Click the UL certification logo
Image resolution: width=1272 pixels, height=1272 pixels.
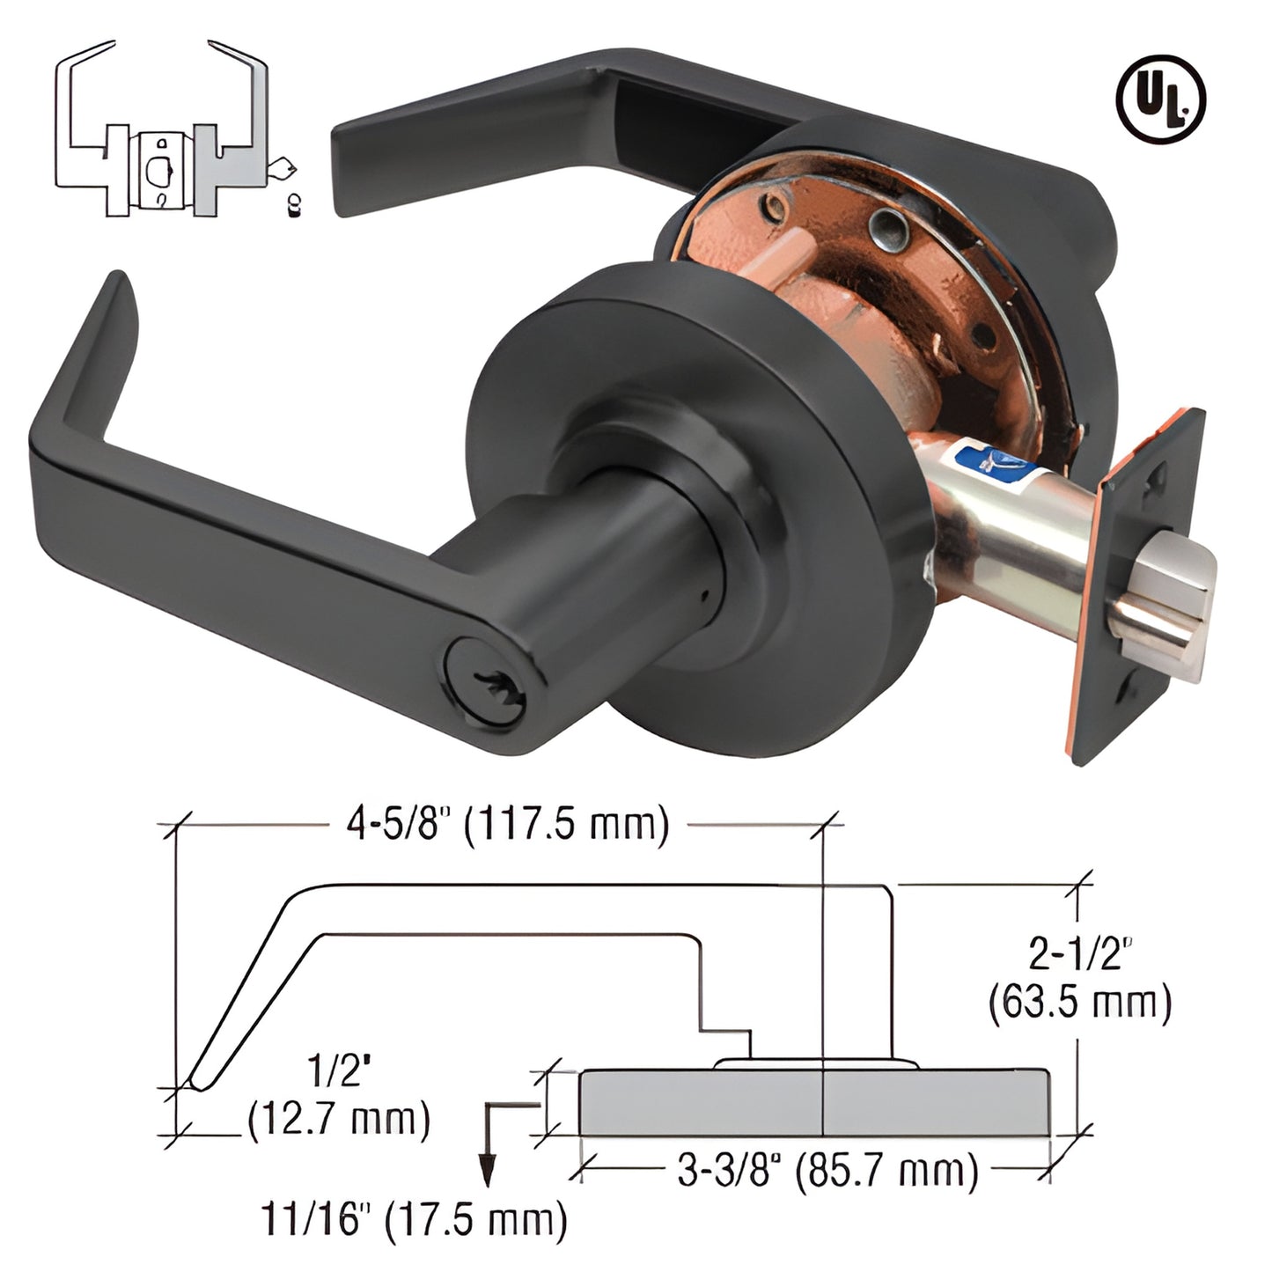[1160, 97]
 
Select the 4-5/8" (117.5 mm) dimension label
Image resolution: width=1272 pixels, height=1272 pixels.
[504, 825]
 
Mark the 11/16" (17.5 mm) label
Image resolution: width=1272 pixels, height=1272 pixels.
[412, 1220]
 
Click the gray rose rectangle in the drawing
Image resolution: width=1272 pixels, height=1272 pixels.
[814, 1102]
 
